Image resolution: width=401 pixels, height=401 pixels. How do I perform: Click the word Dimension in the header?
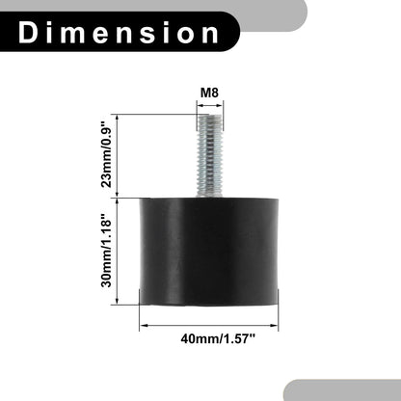pyautogui.click(x=119, y=33)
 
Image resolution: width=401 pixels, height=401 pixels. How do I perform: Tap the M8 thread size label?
pyautogui.click(x=209, y=93)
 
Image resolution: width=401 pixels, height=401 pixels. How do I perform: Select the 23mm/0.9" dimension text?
pyautogui.click(x=106, y=154)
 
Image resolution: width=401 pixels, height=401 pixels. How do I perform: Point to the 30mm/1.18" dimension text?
pyautogui.click(x=106, y=253)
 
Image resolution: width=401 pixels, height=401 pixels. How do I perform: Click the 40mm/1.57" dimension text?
pyautogui.click(x=218, y=338)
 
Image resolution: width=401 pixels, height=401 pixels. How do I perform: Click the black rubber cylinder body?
pyautogui.click(x=208, y=252)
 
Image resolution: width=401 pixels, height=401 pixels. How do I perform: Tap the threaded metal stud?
pyautogui.click(x=209, y=156)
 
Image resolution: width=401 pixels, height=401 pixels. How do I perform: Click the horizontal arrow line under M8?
pyautogui.click(x=209, y=105)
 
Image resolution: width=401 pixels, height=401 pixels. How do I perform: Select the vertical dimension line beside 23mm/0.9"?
pyautogui.click(x=118, y=155)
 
